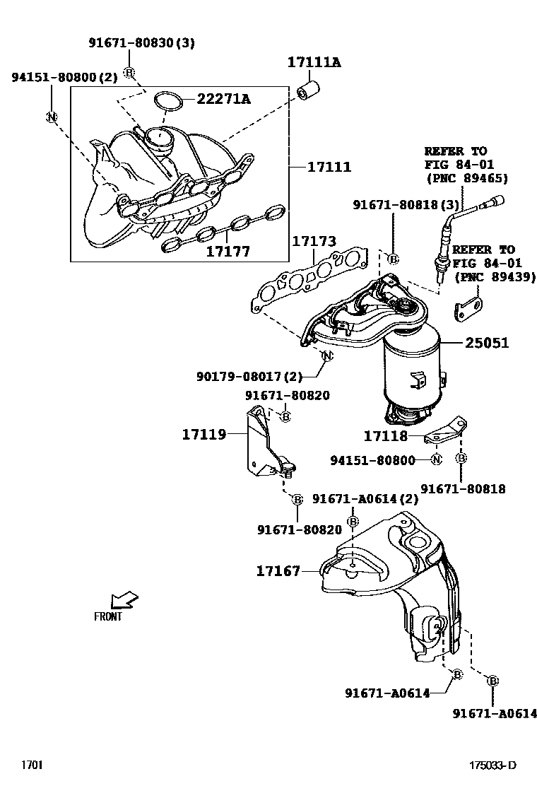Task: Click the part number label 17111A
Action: pos(314,63)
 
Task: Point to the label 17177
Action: pos(228,251)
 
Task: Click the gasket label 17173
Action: pos(314,242)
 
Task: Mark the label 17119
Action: pos(204,434)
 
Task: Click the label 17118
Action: pos(386,437)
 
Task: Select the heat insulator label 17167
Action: pos(278,570)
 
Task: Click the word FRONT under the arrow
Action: pos(108,616)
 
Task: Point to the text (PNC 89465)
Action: pos(466,178)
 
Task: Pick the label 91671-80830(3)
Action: pos(141,43)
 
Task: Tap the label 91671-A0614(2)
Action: pos(365,498)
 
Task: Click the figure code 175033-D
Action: pos(493,765)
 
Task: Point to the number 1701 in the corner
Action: pos(32,765)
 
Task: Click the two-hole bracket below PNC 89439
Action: pos(468,307)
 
